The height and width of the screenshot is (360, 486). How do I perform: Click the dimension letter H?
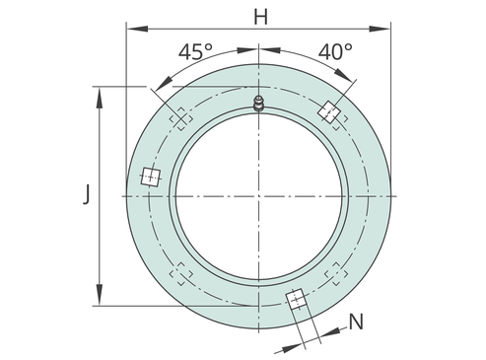coord(261,17)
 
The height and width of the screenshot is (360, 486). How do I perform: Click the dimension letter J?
coord(86,194)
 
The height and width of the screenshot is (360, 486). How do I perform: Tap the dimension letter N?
coord(356,322)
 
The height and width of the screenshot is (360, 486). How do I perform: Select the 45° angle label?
coord(195,51)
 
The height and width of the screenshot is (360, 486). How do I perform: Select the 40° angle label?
coord(335,51)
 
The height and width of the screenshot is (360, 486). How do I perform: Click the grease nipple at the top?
coord(259,104)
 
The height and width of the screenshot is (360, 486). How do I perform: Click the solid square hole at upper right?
coord(328,111)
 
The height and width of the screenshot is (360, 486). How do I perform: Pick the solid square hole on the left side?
coord(151,177)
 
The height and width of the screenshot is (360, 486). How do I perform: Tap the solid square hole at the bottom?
coord(296,299)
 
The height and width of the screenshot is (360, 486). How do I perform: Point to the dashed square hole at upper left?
coord(181,118)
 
